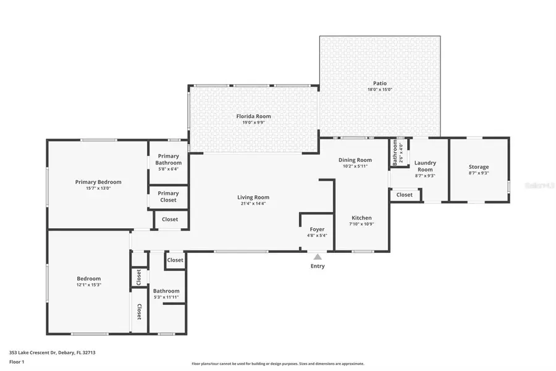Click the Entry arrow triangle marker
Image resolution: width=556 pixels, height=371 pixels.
coord(318,256)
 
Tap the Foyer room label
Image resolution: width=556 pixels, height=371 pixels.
coord(317,229)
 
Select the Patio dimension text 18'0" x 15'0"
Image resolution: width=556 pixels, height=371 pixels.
coord(380,90)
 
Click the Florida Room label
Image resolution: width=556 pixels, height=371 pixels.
coord(253,116)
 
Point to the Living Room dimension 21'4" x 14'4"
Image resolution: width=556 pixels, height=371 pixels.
coord(253,203)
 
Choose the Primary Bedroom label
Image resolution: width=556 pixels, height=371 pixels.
coord(98,182)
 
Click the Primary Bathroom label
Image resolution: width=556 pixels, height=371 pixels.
coord(168,159)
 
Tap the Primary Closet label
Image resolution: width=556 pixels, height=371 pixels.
coord(168,197)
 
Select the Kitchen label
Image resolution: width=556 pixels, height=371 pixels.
coord(361,218)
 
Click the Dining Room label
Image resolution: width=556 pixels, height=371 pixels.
coord(355,160)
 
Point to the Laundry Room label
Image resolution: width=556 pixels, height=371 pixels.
coord(425,166)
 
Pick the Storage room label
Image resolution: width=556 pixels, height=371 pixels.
coord(479,167)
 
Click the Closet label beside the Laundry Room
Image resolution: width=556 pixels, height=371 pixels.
coord(405,195)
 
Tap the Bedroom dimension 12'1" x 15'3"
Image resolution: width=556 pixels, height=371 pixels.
coord(89,284)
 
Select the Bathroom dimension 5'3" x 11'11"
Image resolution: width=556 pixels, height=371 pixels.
coord(166,297)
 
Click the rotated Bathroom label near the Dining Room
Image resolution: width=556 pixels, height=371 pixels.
coord(395,153)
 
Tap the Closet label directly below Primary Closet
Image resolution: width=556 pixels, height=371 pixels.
coord(170,219)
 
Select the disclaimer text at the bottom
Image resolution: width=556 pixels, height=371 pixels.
coord(278,364)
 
